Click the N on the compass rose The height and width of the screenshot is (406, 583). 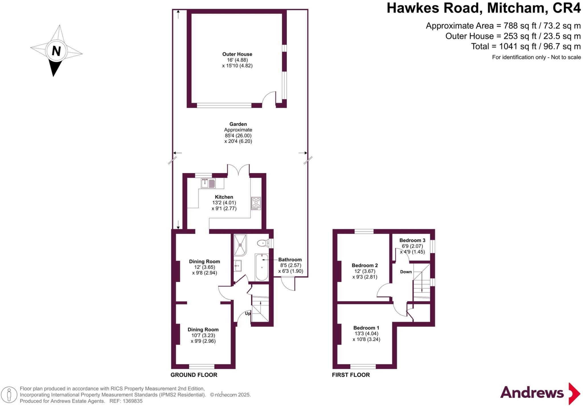coord(56,51)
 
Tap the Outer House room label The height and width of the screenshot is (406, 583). coord(237,54)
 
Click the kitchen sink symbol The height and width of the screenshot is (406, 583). coord(208,183)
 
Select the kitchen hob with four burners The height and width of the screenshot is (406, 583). coord(256,203)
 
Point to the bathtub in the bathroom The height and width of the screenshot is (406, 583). coord(262,267)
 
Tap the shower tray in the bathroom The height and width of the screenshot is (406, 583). coord(240,245)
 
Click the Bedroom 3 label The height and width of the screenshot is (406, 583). coord(412,240)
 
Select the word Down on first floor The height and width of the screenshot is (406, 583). coord(406,272)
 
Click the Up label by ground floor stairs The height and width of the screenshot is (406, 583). coord(248,313)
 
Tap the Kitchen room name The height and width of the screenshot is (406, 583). coord(224,197)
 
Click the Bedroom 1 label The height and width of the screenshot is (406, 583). coord(366,328)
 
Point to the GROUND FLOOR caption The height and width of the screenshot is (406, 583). coord(194,375)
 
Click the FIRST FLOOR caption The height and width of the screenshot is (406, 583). coord(351,375)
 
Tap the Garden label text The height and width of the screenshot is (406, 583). coord(238,124)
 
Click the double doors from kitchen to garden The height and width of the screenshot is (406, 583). coord(239,170)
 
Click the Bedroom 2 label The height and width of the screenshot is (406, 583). coord(365,266)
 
